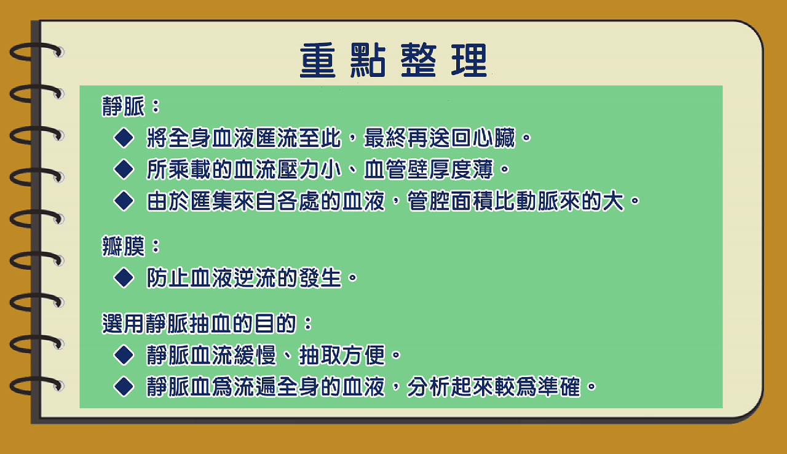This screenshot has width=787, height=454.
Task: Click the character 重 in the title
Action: (x=318, y=60)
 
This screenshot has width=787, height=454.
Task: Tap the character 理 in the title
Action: (x=469, y=60)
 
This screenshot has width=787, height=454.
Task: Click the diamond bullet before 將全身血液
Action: (x=124, y=137)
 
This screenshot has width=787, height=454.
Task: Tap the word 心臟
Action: (x=494, y=138)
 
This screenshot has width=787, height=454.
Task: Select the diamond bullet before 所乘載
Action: (x=124, y=169)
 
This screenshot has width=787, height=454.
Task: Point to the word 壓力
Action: (x=298, y=169)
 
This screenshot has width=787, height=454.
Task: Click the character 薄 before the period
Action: (x=483, y=169)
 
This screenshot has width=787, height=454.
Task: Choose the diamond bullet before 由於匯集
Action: (x=124, y=201)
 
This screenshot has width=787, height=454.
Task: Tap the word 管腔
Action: (x=429, y=201)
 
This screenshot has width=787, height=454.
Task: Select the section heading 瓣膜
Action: (x=124, y=246)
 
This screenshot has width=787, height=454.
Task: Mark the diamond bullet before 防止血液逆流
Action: (x=124, y=278)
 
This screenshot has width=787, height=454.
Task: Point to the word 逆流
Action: (x=255, y=278)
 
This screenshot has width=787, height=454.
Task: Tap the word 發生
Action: (x=320, y=278)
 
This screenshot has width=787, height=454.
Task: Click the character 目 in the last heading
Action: (x=265, y=324)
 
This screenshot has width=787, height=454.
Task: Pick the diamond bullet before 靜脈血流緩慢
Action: (x=124, y=355)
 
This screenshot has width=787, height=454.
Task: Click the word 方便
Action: (x=363, y=355)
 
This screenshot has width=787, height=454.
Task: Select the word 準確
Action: (x=560, y=387)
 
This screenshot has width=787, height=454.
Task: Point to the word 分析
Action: (x=429, y=387)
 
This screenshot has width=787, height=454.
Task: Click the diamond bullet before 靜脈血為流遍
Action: (x=124, y=386)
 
